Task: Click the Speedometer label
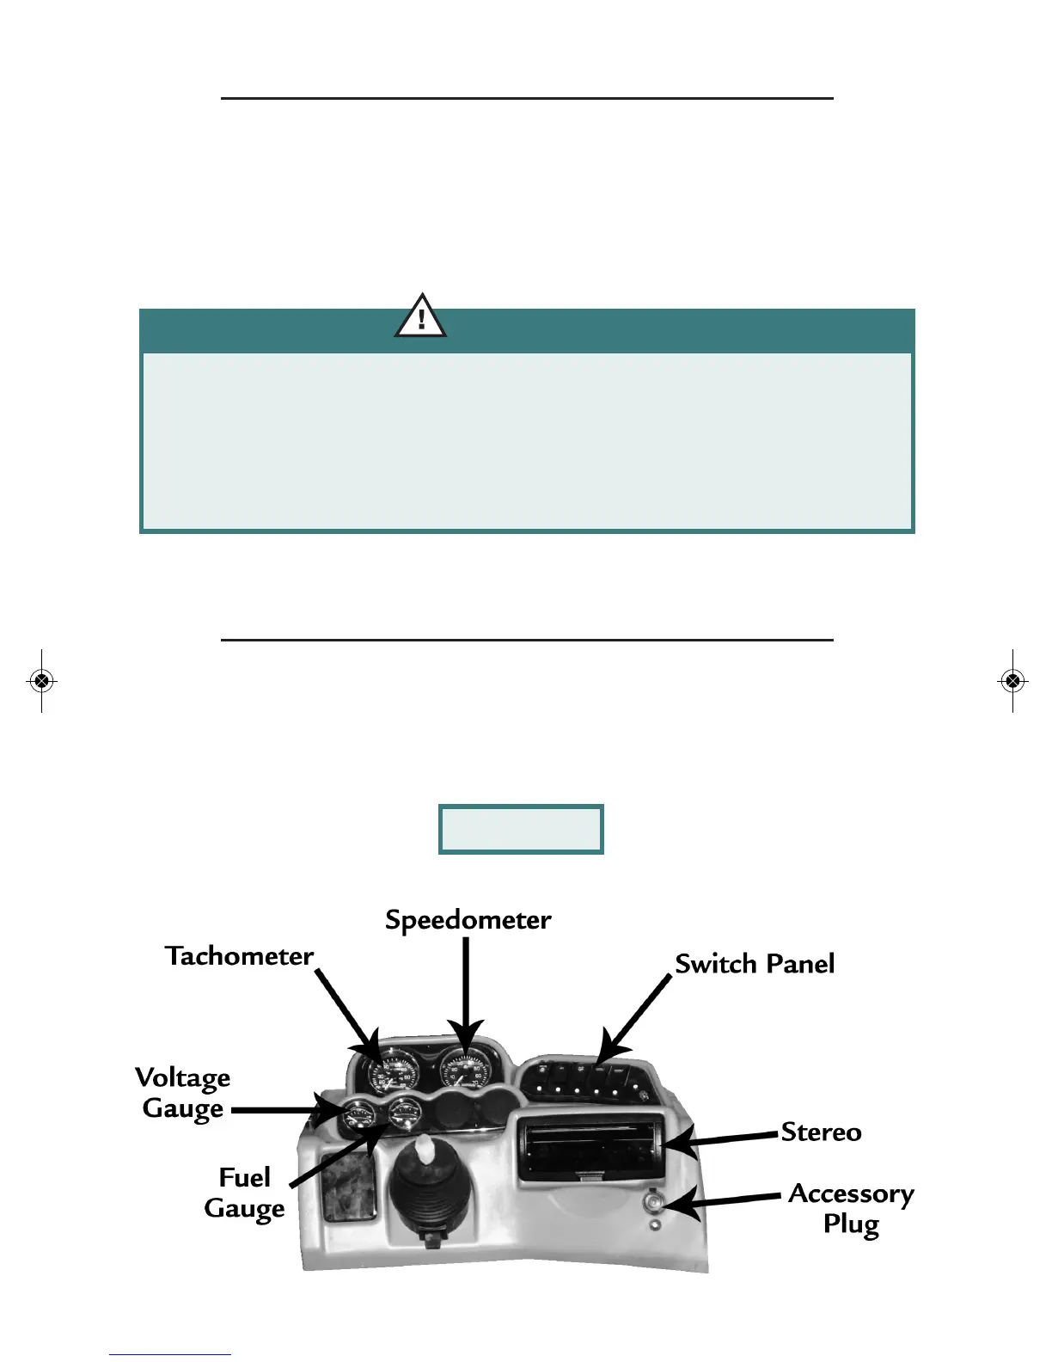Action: tap(468, 920)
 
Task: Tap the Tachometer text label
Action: tap(239, 956)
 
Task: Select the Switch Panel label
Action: tap(754, 964)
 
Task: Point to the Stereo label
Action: tap(821, 1132)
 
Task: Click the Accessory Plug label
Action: tap(851, 1208)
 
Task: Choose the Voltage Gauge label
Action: tap(183, 1093)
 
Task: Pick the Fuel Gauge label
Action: tap(244, 1193)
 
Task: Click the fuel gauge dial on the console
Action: tap(401, 1115)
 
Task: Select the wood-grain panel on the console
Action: tap(348, 1188)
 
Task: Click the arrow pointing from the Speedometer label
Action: tap(466, 989)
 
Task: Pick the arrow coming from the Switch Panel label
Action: tap(634, 1019)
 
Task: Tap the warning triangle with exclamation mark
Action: tap(420, 316)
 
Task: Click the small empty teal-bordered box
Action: tap(521, 829)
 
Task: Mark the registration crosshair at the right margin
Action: tap(1012, 681)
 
